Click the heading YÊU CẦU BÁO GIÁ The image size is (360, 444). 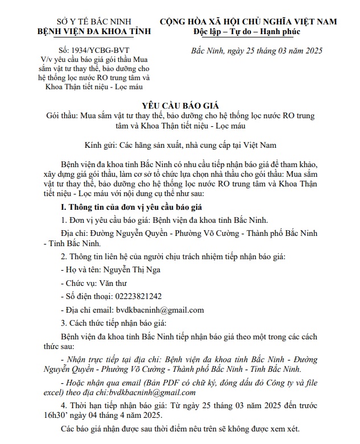tap(179, 106)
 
